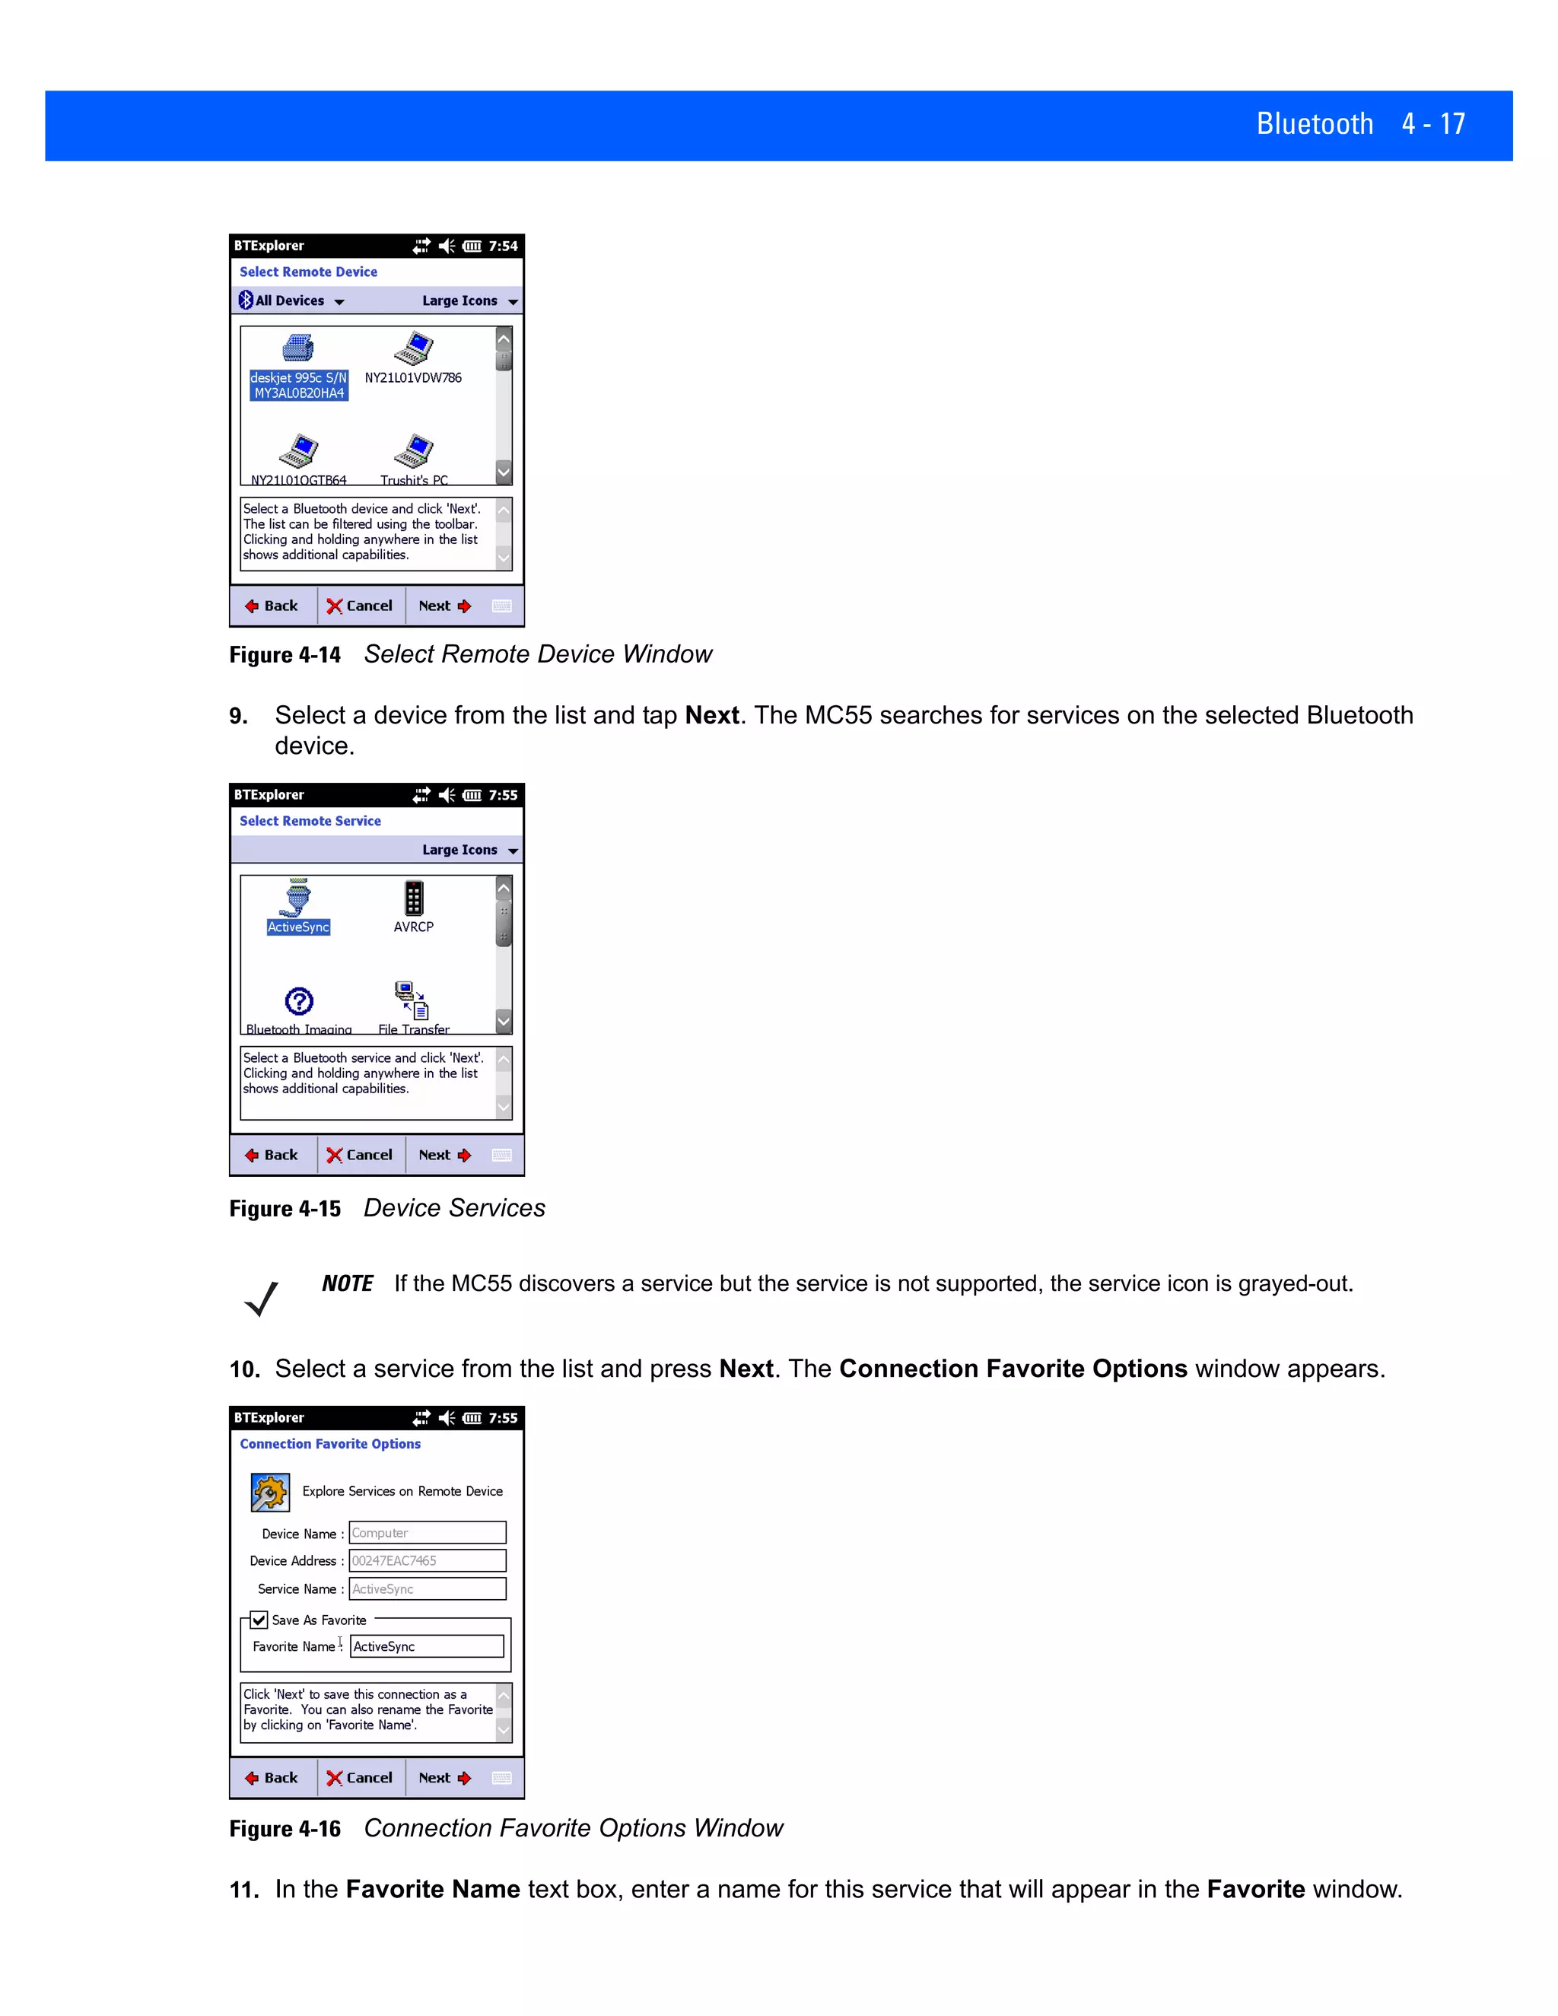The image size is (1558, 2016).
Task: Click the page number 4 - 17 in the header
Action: pyautogui.click(x=1432, y=124)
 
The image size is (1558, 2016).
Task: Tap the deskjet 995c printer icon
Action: pyautogui.click(x=298, y=348)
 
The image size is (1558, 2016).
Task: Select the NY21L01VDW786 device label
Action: pyautogui.click(x=412, y=377)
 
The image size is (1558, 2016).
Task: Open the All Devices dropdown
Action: pyautogui.click(x=291, y=301)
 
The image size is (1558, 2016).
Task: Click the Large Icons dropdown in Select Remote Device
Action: pyautogui.click(x=469, y=301)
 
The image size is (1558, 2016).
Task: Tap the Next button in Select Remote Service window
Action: pyautogui.click(x=445, y=1155)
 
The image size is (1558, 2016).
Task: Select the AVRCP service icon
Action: pyautogui.click(x=414, y=898)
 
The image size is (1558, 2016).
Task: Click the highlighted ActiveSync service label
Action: pyautogui.click(x=298, y=927)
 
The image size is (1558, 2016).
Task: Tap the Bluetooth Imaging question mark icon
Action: pyautogui.click(x=299, y=1000)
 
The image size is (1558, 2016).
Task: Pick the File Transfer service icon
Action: pyautogui.click(x=412, y=1000)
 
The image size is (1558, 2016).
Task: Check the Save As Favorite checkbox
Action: pyautogui.click(x=259, y=1620)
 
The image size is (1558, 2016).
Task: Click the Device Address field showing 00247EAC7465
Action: pyautogui.click(x=427, y=1560)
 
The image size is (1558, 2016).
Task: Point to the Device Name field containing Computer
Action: pyautogui.click(x=427, y=1532)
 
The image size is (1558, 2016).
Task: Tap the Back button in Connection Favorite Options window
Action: pyautogui.click(x=272, y=1778)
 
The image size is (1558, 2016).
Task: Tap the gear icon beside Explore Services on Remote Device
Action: pyautogui.click(x=269, y=1492)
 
